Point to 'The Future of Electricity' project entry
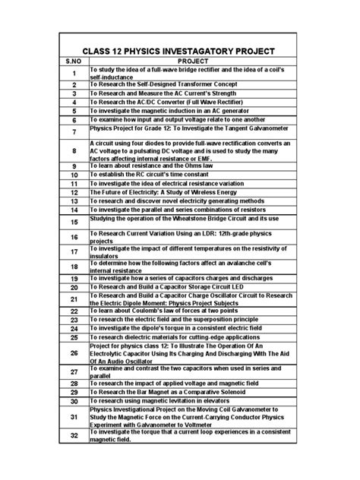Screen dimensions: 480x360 pyautogui.click(x=164, y=193)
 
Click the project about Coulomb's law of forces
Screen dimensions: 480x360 pyautogui.click(x=163, y=311)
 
